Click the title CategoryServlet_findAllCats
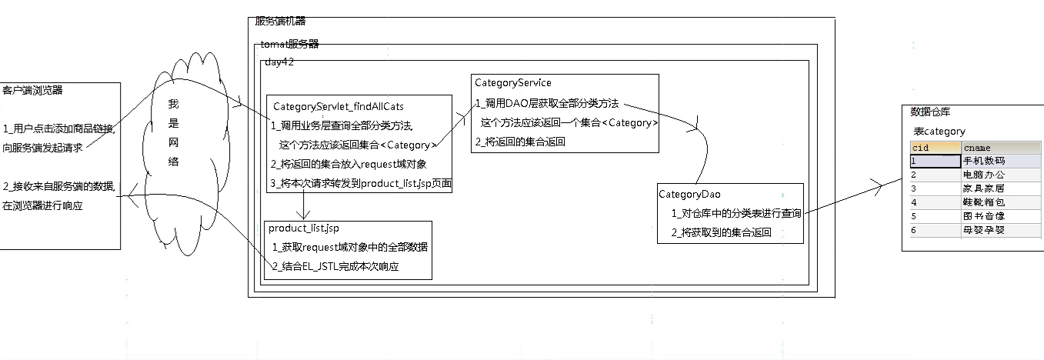[x=338, y=107]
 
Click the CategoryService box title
[x=512, y=83]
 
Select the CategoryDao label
[x=689, y=195]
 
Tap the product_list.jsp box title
[x=303, y=228]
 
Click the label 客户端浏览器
[x=33, y=91]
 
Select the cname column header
[x=977, y=148]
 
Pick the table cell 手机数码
[x=984, y=162]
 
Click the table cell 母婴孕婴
[x=984, y=230]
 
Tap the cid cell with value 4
[x=914, y=202]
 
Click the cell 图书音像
[x=984, y=216]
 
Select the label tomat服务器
[x=289, y=45]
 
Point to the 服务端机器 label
[x=280, y=22]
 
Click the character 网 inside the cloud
[x=173, y=143]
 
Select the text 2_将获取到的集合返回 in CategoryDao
[x=721, y=232]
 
